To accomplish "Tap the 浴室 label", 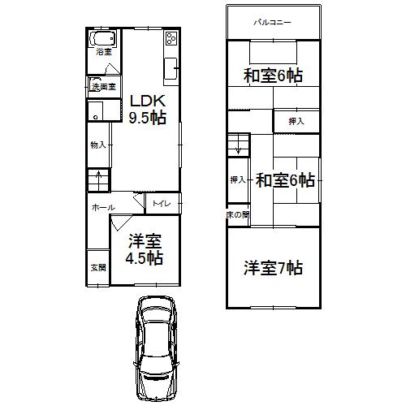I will point(103,53).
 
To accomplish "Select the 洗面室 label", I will point(104,85).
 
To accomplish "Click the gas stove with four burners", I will point(172,39).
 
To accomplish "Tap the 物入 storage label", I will point(97,145).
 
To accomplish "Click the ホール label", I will point(102,207).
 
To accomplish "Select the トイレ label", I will point(162,203).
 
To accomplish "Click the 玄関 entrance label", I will point(97,266).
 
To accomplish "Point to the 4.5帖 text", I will point(143,259).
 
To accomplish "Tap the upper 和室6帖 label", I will point(273,76).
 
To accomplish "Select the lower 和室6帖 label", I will point(285,179).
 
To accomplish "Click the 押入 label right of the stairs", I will point(296,121).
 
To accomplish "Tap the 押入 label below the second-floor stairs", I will point(237,179).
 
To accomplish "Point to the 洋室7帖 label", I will point(273,266).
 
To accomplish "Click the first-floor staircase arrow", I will point(99,178).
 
